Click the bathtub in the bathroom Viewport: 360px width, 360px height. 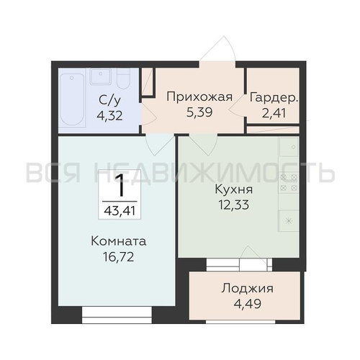click(x=72, y=101)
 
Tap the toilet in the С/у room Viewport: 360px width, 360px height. click(x=123, y=77)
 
